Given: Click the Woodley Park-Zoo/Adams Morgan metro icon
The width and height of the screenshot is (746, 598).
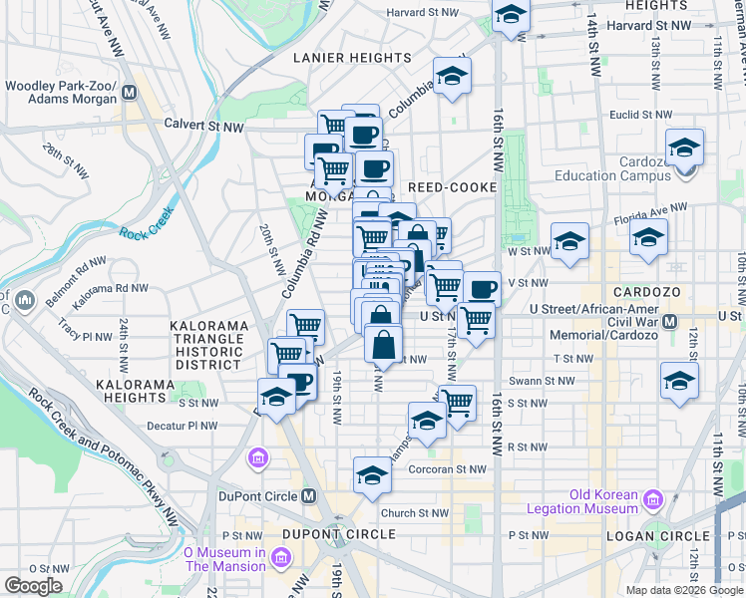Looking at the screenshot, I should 129,94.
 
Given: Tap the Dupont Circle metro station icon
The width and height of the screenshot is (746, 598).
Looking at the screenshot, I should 309,496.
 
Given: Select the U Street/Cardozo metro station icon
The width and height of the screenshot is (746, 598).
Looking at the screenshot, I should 671,322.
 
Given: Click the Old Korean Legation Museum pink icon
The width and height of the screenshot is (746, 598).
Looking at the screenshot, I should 653,499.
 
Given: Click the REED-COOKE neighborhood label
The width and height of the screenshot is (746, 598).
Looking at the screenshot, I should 447,187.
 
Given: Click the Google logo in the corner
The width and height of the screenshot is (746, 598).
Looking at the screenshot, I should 34,586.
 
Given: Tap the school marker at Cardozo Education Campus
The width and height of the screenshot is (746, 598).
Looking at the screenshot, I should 685,149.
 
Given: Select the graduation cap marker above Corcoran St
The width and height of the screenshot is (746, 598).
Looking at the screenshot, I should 372,474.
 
